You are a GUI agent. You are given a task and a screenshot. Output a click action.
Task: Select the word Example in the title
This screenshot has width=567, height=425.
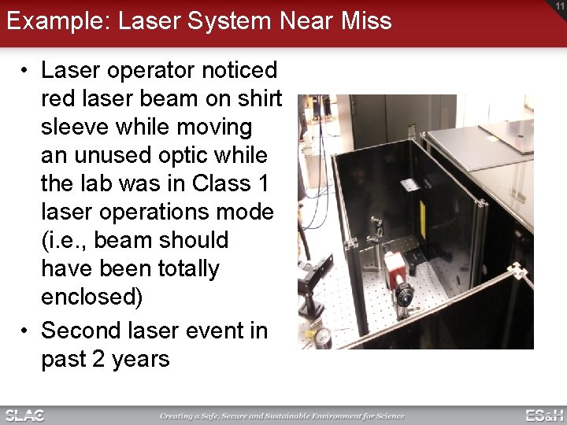pyautogui.click(x=56, y=20)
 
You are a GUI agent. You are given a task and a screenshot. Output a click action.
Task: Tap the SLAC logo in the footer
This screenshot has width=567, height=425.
pyautogui.click(x=24, y=415)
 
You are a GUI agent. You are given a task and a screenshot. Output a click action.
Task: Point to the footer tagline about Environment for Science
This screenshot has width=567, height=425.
pyautogui.click(x=282, y=416)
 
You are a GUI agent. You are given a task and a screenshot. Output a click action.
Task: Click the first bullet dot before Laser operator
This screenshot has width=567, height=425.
pyautogui.click(x=26, y=71)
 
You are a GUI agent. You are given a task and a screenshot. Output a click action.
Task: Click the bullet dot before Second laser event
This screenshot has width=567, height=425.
pyautogui.click(x=26, y=331)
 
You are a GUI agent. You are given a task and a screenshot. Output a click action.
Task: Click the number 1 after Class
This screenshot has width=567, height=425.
pyautogui.click(x=263, y=183)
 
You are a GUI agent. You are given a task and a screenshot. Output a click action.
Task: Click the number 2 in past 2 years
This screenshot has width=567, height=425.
pyautogui.click(x=99, y=359)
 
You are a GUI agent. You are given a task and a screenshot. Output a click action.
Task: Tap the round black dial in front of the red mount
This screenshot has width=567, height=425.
pyautogui.click(x=404, y=296)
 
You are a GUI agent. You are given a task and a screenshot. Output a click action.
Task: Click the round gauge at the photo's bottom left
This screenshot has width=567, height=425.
pyautogui.click(x=322, y=337)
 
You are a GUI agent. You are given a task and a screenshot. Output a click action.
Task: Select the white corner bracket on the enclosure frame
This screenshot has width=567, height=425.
pyautogui.click(x=517, y=272)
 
